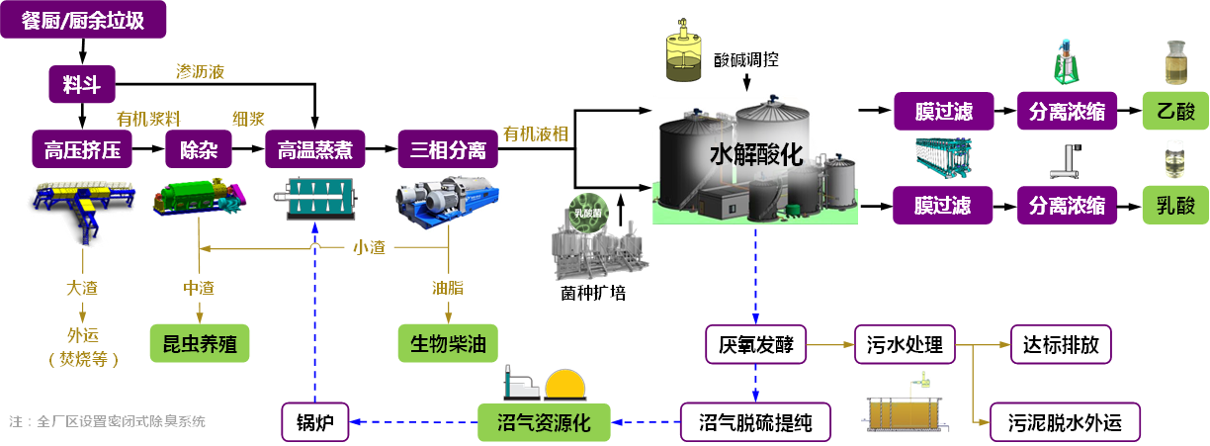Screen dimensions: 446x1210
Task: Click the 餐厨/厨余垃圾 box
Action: pyautogui.click(x=83, y=21)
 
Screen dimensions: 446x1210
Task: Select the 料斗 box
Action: pyautogui.click(x=82, y=85)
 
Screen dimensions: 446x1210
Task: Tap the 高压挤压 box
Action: pyautogui.click(x=82, y=150)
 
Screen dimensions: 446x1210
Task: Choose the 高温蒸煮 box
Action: pyautogui.click(x=314, y=150)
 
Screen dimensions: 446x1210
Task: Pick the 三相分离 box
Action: pyautogui.click(x=448, y=150)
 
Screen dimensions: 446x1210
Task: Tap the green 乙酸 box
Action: pyautogui.click(x=1175, y=112)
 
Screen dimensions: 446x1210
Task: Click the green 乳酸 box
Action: pyautogui.click(x=1175, y=206)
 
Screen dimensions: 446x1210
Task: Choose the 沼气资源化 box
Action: pyautogui.click(x=543, y=422)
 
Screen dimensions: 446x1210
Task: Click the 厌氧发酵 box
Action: pyautogui.click(x=756, y=345)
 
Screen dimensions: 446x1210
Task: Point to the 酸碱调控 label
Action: pyautogui.click(x=746, y=59)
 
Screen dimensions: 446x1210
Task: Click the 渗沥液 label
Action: pyautogui.click(x=200, y=71)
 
